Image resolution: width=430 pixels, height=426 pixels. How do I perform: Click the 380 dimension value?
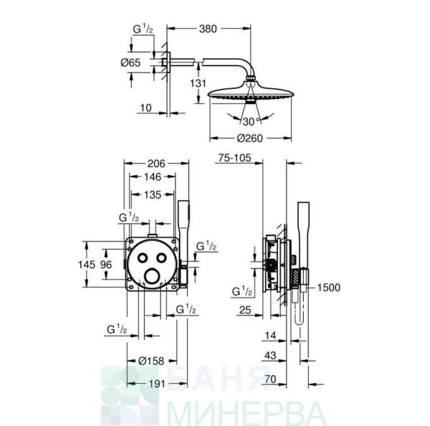tap(208, 29)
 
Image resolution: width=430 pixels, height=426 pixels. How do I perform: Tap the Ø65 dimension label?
tap(130, 62)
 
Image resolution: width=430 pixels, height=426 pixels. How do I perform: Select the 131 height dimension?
tap(198, 83)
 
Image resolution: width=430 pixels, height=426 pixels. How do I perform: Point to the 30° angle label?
tap(251, 121)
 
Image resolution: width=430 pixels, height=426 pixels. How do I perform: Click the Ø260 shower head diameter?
tap(250, 138)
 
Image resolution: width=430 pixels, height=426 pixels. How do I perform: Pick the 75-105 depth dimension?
tap(234, 158)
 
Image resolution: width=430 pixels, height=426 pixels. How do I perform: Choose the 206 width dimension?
tap(156, 164)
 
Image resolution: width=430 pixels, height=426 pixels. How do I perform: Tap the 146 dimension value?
tap(153, 176)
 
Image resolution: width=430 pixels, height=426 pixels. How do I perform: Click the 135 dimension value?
tap(153, 195)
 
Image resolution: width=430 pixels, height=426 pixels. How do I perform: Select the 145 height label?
tap(87, 265)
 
